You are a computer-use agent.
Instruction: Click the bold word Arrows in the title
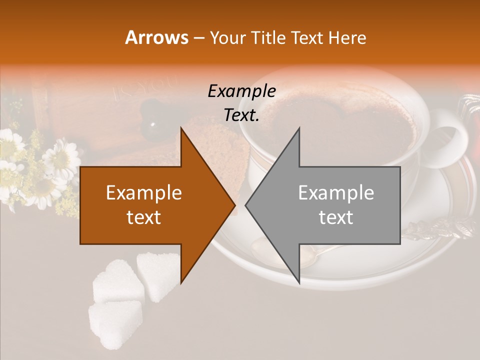157,37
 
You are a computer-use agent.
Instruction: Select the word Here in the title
348,37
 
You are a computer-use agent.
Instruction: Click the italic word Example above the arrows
242,91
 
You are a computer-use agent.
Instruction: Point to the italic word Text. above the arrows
242,115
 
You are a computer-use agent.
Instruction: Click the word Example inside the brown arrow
144,193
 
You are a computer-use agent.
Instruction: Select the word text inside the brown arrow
144,217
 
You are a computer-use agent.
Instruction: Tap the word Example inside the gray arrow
336,193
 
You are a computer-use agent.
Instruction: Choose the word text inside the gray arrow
336,217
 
